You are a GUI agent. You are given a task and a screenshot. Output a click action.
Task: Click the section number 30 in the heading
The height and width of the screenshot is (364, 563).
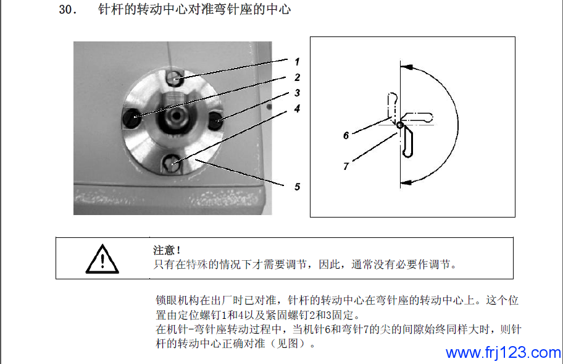[67, 10]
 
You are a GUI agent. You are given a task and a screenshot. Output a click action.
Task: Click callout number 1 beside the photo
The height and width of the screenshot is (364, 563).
[297, 62]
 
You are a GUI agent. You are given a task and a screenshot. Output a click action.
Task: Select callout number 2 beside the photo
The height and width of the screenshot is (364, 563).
[298, 77]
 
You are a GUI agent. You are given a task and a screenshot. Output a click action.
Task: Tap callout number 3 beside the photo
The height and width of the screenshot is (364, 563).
[298, 93]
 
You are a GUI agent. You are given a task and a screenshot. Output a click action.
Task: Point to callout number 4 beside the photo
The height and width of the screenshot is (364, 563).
[298, 109]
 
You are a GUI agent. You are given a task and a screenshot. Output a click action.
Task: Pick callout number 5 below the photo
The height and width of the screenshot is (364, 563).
[298, 187]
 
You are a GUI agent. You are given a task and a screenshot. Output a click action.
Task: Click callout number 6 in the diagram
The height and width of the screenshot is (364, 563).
[346, 135]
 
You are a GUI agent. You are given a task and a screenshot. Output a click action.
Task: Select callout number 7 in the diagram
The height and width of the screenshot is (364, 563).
[346, 166]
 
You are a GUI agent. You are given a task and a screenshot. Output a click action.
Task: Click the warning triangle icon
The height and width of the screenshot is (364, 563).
[102, 259]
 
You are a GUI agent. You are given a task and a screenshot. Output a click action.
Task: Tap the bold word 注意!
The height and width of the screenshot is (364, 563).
[167, 250]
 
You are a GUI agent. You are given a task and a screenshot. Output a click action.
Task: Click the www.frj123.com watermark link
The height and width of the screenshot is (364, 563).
[503, 352]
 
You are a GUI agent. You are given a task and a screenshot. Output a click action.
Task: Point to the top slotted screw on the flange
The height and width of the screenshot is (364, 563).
[175, 78]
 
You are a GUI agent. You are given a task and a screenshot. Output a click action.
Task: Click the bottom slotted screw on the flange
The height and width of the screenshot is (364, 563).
[173, 164]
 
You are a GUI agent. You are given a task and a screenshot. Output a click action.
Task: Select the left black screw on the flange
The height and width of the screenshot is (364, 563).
[131, 117]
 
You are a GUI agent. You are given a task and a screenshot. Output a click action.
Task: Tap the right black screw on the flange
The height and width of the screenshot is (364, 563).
[216, 121]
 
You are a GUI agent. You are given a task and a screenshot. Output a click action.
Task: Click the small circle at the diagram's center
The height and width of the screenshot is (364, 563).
[399, 125]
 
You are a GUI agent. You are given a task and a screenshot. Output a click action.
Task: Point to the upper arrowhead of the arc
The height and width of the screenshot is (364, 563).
[406, 67]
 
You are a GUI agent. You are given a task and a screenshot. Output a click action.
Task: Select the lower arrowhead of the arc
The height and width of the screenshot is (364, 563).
[406, 182]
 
